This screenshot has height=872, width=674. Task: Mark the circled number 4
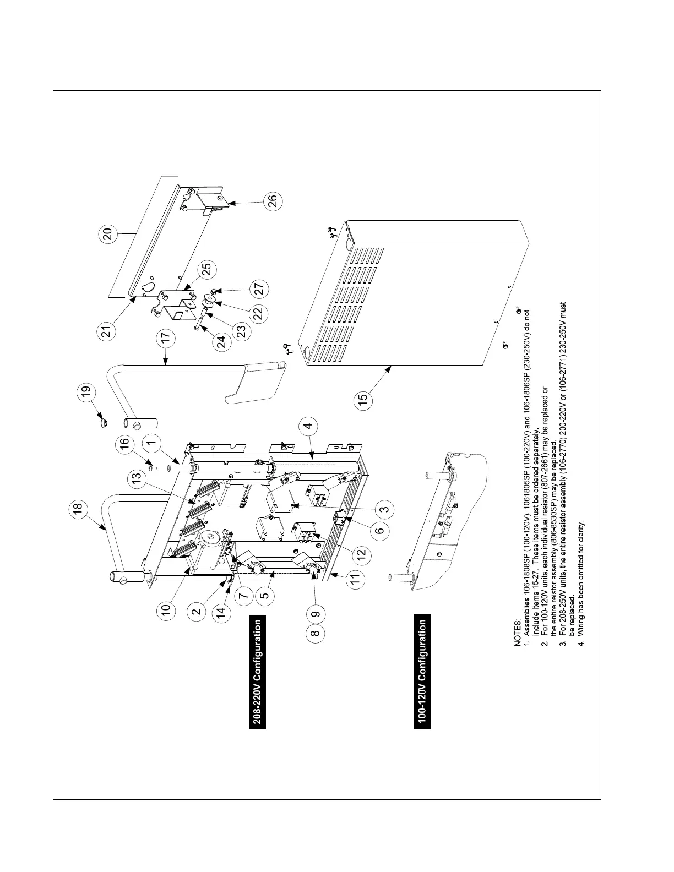[x=308, y=426]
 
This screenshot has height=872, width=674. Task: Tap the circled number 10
[x=167, y=609]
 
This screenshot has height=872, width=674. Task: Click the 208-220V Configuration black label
[x=257, y=674]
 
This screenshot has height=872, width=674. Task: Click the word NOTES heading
[x=518, y=633]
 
